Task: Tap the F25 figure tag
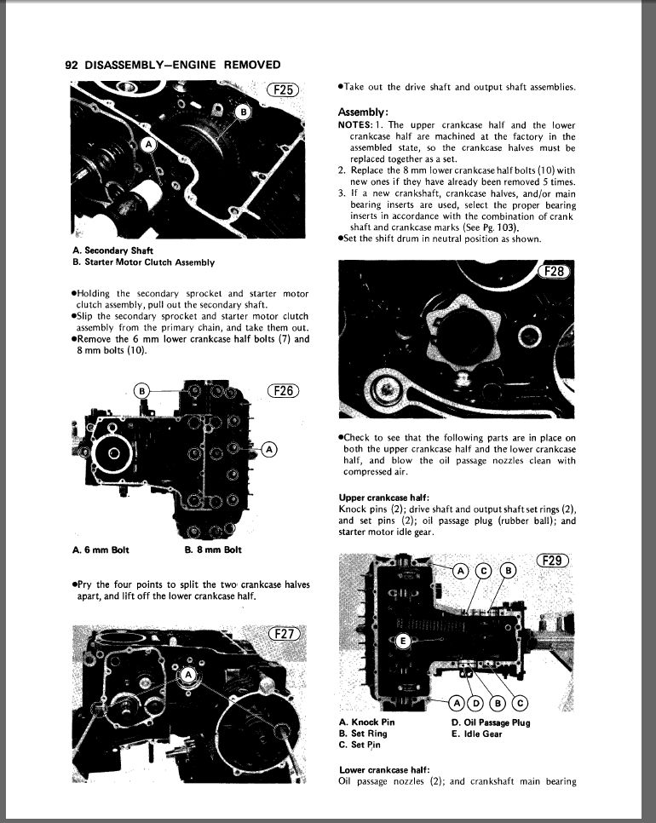(284, 90)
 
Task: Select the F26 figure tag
(285, 391)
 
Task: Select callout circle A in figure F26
(269, 449)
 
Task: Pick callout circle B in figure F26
(143, 391)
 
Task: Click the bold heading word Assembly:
(364, 112)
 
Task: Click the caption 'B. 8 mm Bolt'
(213, 550)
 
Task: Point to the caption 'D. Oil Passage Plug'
(491, 723)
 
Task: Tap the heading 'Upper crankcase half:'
(381, 497)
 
